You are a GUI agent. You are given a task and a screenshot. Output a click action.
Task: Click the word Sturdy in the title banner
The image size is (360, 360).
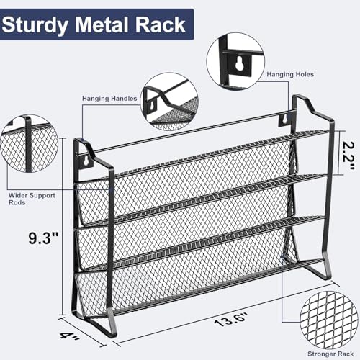click(x=35, y=26)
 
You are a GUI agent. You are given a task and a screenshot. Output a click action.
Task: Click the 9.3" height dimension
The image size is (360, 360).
click(x=43, y=238)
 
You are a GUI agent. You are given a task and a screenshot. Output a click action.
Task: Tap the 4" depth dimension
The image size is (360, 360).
click(x=69, y=335)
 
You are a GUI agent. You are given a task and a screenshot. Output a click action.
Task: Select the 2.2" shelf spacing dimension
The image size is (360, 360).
click(x=348, y=156)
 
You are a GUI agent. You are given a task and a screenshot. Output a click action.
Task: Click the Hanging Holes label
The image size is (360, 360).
click(x=290, y=74)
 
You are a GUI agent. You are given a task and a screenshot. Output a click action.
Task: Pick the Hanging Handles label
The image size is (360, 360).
click(x=109, y=99)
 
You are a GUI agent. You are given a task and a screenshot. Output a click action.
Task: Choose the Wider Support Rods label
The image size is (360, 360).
click(x=32, y=199)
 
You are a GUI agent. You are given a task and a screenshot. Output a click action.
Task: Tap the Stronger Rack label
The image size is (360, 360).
click(x=330, y=354)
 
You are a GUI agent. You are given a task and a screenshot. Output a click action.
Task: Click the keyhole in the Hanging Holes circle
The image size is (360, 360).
click(x=239, y=63)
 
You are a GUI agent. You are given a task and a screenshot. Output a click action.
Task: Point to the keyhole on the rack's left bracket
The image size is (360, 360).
click(x=86, y=161)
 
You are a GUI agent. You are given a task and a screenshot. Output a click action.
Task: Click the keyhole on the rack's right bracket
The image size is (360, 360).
click(x=284, y=119)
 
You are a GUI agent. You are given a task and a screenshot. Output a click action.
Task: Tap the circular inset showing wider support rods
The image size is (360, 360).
click(x=30, y=144)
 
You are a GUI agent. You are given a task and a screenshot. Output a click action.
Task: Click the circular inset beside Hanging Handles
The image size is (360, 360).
click(x=170, y=102)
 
